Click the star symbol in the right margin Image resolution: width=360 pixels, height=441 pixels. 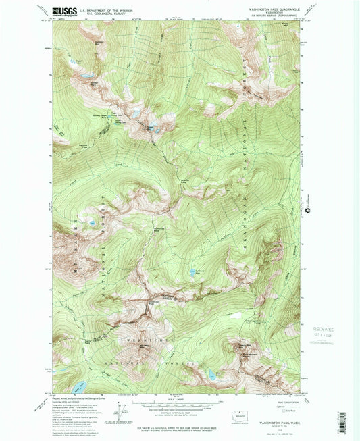point(310,211)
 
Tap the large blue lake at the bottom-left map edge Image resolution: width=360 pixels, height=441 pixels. point(79,387)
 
